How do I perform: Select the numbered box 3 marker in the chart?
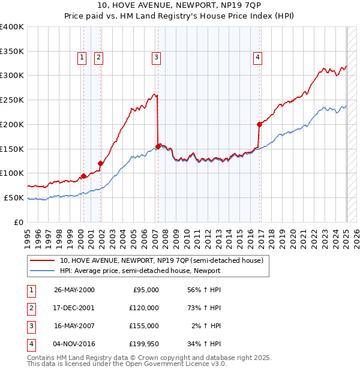(x=155, y=58)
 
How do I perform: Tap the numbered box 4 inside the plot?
(x=257, y=58)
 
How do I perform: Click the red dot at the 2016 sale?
(x=260, y=125)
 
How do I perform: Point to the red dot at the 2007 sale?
(x=158, y=146)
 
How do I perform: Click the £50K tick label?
(x=14, y=197)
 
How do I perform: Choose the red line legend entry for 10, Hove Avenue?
(x=161, y=260)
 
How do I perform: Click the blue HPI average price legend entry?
(x=140, y=271)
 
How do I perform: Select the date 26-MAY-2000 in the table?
(x=74, y=289)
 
